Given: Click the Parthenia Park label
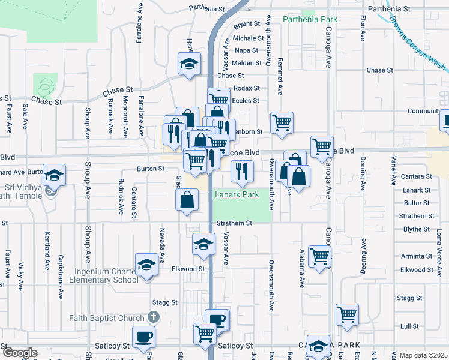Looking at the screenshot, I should (310, 19).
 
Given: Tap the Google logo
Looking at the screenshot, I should (19, 353).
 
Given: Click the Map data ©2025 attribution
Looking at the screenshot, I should (423, 355).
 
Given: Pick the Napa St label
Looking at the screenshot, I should (246, 50).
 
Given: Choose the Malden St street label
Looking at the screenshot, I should (246, 63).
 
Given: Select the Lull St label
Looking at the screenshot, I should (409, 326).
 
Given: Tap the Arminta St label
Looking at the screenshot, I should (417, 256).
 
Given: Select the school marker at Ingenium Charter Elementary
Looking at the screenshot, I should (146, 266).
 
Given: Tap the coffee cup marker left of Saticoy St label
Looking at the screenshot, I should (143, 337).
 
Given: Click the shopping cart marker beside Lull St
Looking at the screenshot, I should (347, 314).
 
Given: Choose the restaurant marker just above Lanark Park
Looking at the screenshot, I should (242, 170).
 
